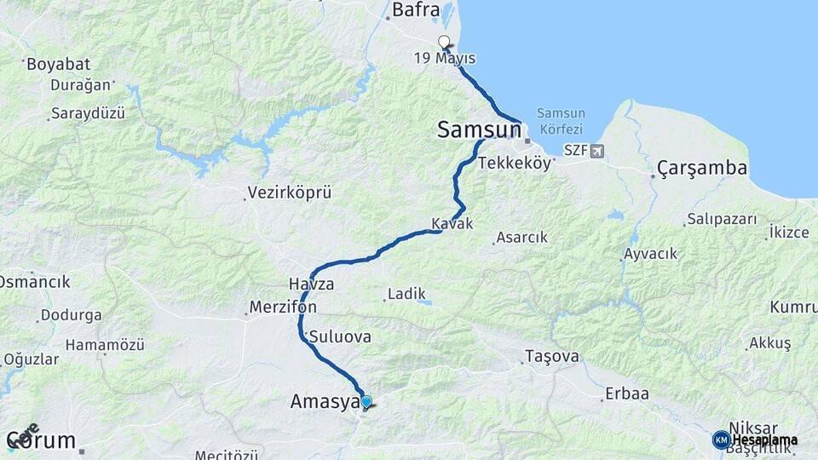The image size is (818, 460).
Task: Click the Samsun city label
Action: pyautogui.click(x=479, y=129)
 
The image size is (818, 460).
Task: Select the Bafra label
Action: pyautogui.click(x=416, y=11)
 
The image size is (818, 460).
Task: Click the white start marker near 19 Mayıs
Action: pyautogui.click(x=443, y=42)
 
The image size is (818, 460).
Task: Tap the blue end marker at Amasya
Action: pyautogui.click(x=366, y=401)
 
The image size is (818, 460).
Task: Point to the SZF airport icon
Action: pyautogui.click(x=596, y=152)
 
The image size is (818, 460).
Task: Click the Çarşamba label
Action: pyautogui.click(x=702, y=169)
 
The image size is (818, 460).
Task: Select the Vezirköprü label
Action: pyautogui.click(x=289, y=193)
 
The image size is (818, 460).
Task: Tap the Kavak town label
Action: pyautogui.click(x=452, y=223)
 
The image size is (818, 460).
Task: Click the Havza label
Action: pyautogui.click(x=311, y=284)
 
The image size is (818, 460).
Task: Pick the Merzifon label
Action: pyautogui.click(x=284, y=307)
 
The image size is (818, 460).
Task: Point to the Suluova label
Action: pyautogui.click(x=340, y=336)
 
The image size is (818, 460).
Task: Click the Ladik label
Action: pyautogui.click(x=406, y=294)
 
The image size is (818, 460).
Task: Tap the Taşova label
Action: pyautogui.click(x=552, y=355)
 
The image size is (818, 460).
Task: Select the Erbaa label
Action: pyautogui.click(x=626, y=394)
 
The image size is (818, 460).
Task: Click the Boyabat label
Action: pyautogui.click(x=59, y=64)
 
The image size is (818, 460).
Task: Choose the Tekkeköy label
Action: pyautogui.click(x=515, y=164)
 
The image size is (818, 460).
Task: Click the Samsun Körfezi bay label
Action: pyautogui.click(x=561, y=121)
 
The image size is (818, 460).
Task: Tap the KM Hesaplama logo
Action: pyautogui.click(x=755, y=440)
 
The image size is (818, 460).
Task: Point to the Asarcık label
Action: pyautogui.click(x=522, y=238)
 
